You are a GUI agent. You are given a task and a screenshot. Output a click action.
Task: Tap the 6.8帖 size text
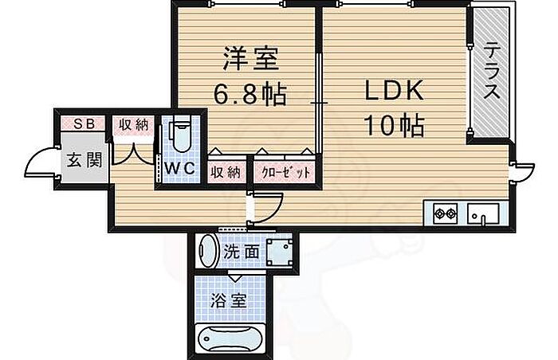[x=249, y=96]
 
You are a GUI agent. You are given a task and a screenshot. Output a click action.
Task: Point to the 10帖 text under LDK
[x=394, y=124]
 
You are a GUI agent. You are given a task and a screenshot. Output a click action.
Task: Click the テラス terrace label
[x=492, y=70]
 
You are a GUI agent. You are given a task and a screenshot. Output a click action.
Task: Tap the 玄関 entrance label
[x=83, y=159]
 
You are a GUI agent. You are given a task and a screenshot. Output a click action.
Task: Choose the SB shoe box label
[x=83, y=123]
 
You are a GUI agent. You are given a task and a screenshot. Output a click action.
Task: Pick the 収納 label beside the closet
[x=225, y=171]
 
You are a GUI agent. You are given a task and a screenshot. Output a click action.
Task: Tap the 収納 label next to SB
[x=131, y=124]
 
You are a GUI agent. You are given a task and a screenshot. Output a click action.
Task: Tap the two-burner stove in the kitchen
[x=445, y=213]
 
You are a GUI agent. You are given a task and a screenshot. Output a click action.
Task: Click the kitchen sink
[x=483, y=213]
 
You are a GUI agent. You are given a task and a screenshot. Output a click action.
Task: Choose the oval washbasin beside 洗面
[x=207, y=252]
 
